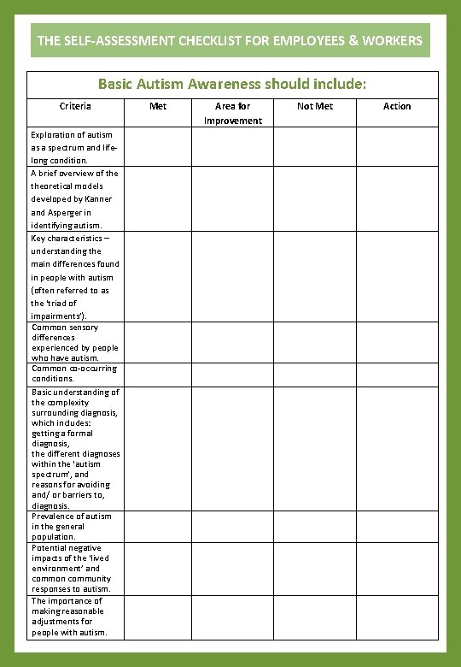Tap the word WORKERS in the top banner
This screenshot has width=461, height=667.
(x=391, y=40)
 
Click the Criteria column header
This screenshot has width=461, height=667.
(x=74, y=106)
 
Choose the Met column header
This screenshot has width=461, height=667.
(x=158, y=106)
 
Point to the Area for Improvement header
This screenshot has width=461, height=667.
(x=232, y=113)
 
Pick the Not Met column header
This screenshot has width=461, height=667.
(x=315, y=106)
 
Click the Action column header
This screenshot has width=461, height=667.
(x=397, y=106)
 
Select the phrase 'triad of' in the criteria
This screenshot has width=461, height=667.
(x=59, y=303)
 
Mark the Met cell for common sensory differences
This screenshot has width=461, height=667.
(x=158, y=342)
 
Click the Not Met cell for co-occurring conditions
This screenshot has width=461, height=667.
(x=315, y=374)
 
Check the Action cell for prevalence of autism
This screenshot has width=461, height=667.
(x=397, y=527)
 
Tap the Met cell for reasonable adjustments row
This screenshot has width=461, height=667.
(x=158, y=617)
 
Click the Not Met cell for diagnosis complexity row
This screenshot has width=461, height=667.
(x=315, y=448)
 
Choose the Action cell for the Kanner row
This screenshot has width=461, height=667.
(x=397, y=198)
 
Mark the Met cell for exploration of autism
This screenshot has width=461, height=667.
(x=158, y=146)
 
